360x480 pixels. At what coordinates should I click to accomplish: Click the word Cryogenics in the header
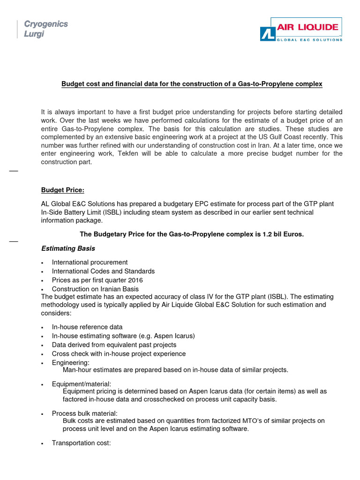coord(46,24)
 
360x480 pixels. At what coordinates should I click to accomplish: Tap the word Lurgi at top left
coord(34,34)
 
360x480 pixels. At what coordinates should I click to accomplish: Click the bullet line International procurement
coord(90,262)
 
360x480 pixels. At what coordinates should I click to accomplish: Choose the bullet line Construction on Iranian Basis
coord(95,289)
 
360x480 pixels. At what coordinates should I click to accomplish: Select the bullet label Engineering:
coord(71,362)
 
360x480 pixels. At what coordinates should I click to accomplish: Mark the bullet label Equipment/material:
coord(82,384)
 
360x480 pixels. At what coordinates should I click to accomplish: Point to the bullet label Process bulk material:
coord(85,413)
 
